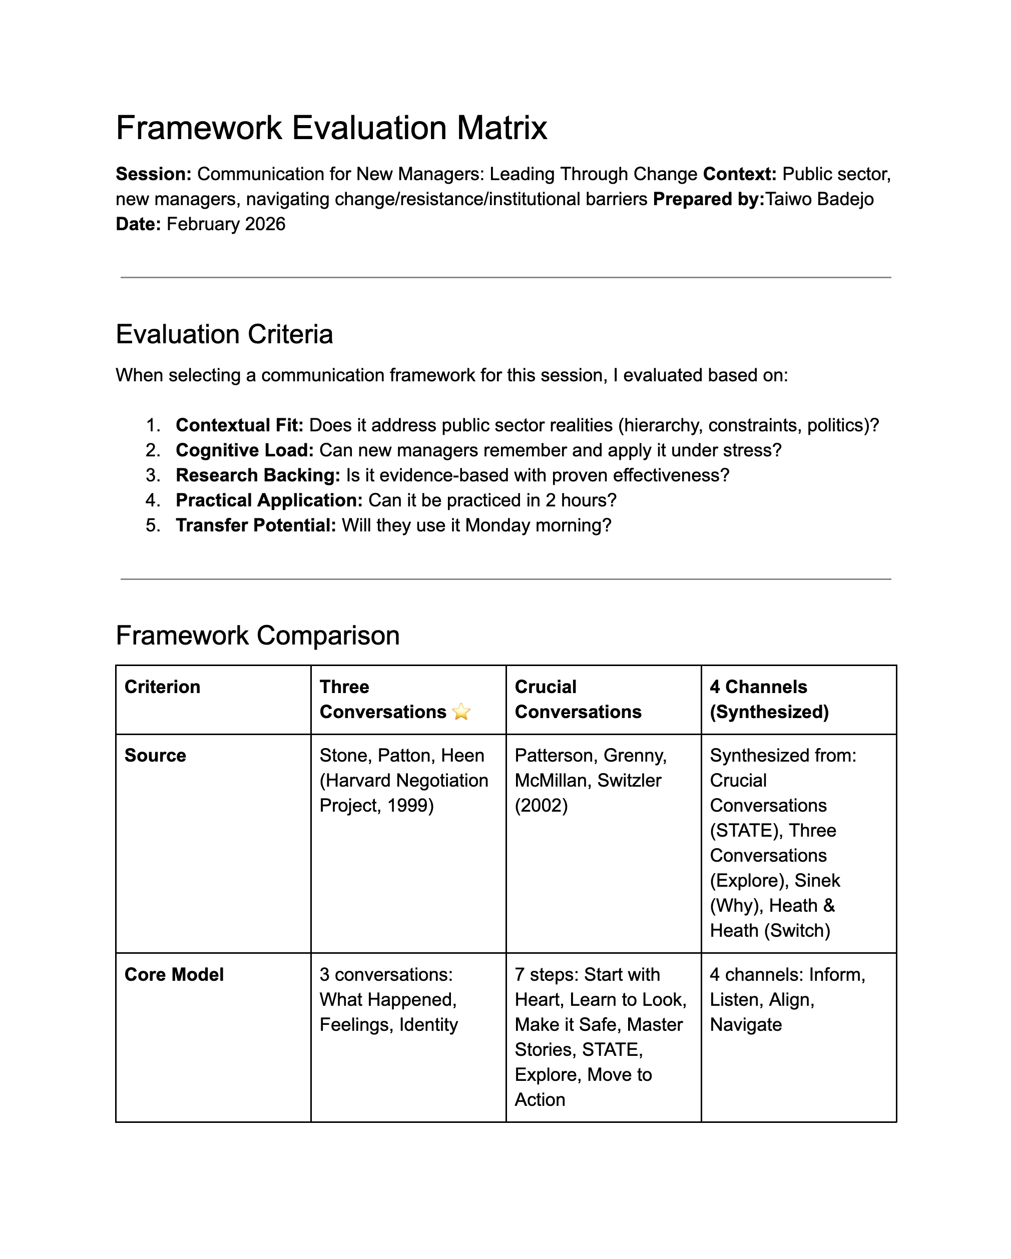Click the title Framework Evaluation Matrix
(x=331, y=128)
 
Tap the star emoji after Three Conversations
(x=461, y=712)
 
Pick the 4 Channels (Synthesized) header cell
(x=769, y=699)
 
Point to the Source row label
(x=155, y=756)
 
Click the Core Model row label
(x=174, y=975)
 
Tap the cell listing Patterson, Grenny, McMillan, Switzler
(x=590, y=781)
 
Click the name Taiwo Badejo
(x=819, y=199)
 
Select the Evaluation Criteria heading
(x=224, y=335)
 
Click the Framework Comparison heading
(x=258, y=636)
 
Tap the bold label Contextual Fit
(x=239, y=425)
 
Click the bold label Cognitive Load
(x=245, y=450)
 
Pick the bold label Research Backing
(x=258, y=475)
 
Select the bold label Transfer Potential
(x=256, y=525)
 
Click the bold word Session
(x=153, y=174)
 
